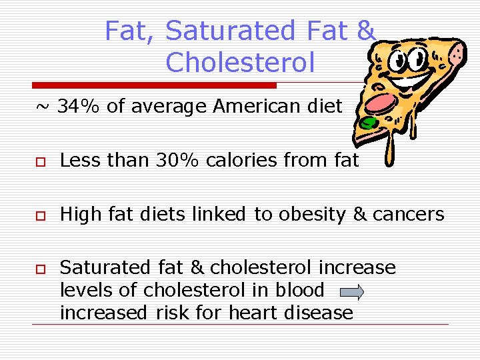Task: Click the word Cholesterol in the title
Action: pyautogui.click(x=239, y=62)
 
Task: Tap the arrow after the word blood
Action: pyautogui.click(x=351, y=292)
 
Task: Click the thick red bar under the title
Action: pyautogui.click(x=154, y=85)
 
